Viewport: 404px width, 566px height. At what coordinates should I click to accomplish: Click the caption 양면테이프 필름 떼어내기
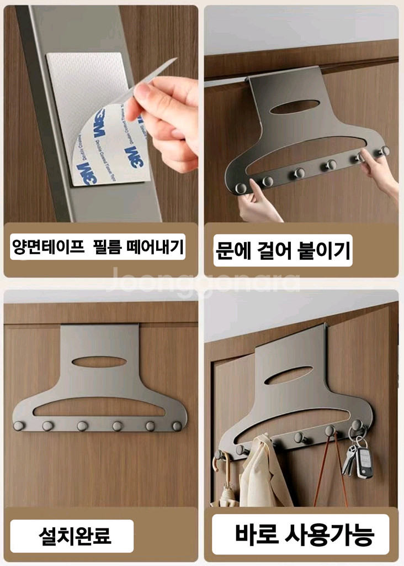pos(97,246)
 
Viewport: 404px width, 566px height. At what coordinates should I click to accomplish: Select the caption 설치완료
pos(75,535)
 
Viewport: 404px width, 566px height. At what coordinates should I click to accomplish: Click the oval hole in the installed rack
pos(99,361)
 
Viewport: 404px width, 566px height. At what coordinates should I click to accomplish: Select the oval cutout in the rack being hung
pos(295,107)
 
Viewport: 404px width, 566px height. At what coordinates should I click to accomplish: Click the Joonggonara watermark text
pos(202,281)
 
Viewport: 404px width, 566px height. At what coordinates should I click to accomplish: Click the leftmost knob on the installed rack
pos(18,426)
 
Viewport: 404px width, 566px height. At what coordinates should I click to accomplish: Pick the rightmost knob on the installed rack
pos(177,426)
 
